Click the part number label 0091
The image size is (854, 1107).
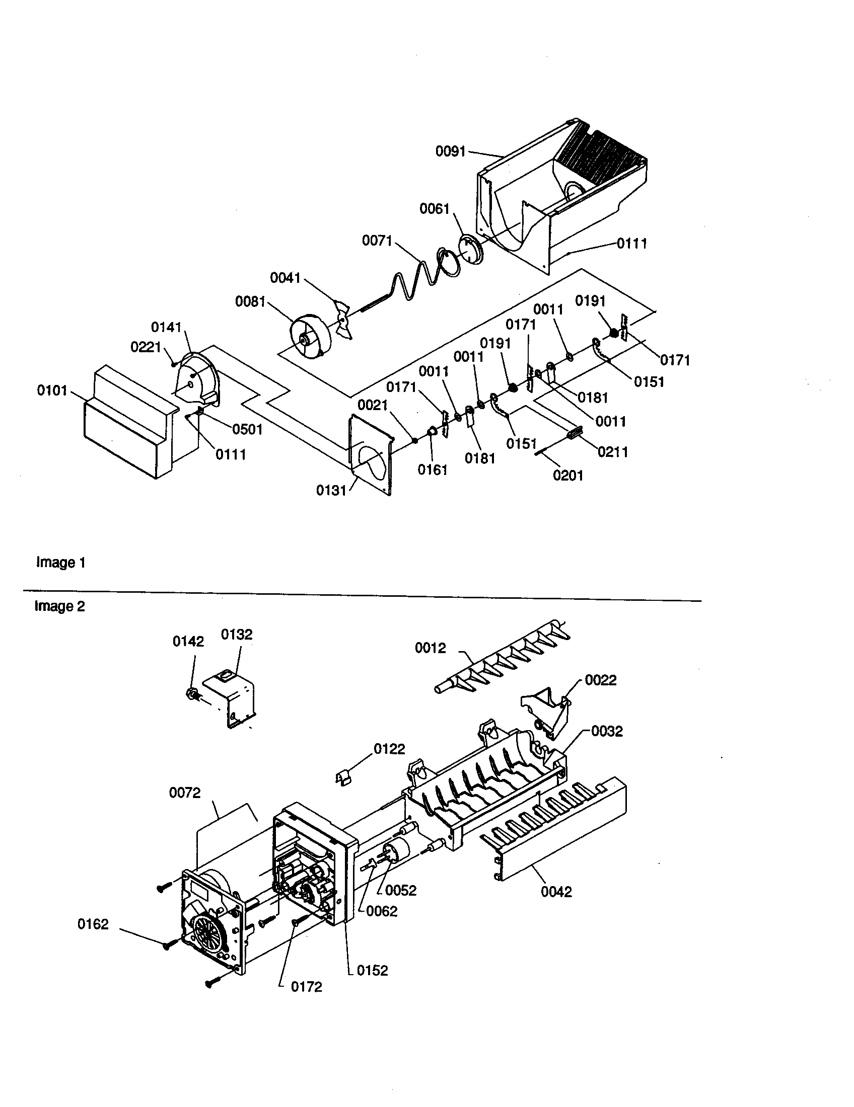[450, 151]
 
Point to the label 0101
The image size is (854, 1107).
[52, 390]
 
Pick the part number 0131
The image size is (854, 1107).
[331, 490]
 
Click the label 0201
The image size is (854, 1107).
[568, 475]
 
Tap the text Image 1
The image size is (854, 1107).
[60, 563]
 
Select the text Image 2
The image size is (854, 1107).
[59, 606]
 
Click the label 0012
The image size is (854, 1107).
[430, 648]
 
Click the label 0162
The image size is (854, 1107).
[93, 924]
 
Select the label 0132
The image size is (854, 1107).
[237, 635]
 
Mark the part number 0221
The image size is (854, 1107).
[146, 347]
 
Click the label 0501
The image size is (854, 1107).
[247, 429]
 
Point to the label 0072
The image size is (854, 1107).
[185, 792]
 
